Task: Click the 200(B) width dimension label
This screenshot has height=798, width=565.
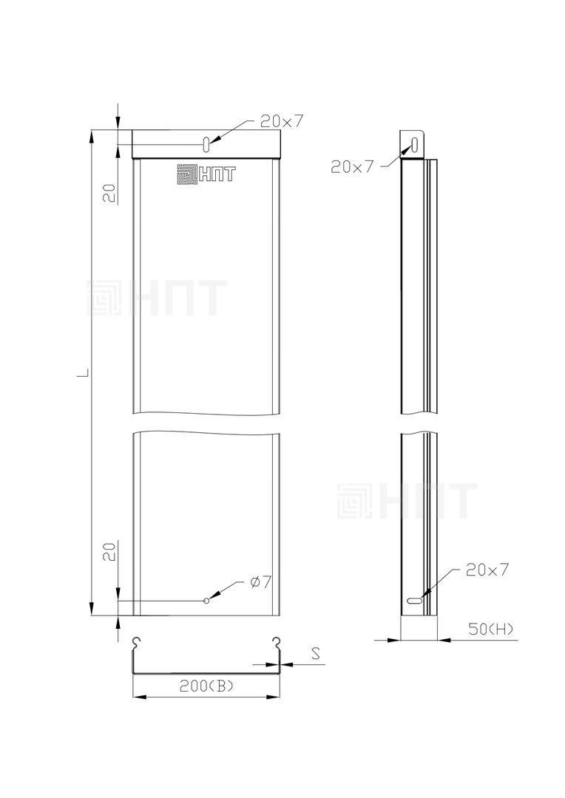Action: point(206,686)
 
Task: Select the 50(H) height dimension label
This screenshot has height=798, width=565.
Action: point(491,629)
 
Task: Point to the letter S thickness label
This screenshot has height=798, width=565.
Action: point(316,653)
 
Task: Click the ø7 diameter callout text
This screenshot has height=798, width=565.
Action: point(261,582)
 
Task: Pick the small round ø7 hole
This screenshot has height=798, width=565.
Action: point(206,601)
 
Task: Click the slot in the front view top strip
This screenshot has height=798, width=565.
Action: point(206,144)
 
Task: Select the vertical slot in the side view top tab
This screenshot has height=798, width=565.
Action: point(414,145)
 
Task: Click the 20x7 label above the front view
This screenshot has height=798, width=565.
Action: point(282,120)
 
